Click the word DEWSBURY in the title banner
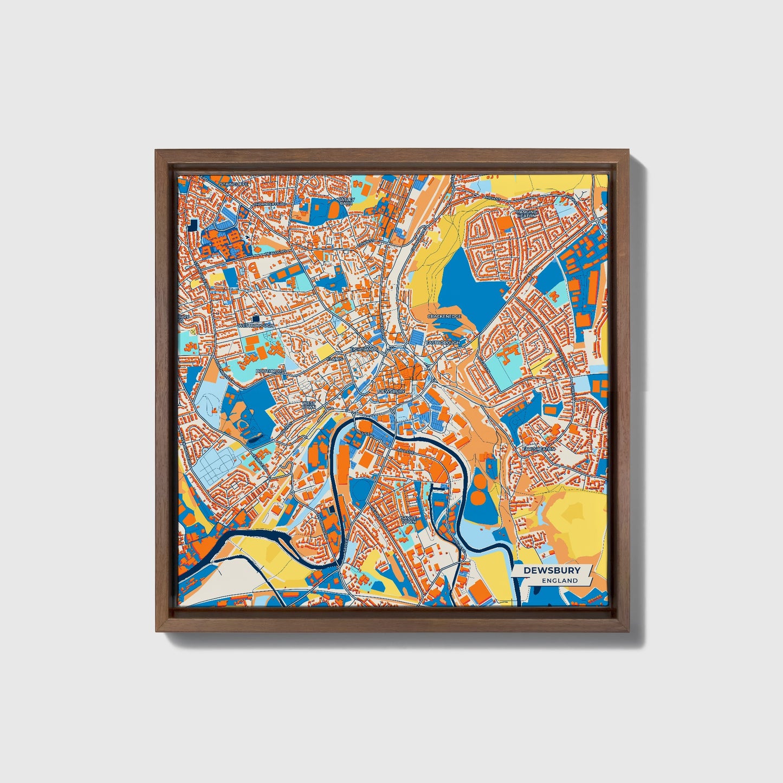(552, 570)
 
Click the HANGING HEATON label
(526, 213)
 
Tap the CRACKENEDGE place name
(444, 316)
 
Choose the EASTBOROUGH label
(443, 343)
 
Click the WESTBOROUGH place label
(256, 326)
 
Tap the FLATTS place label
(335, 359)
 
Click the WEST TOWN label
(308, 405)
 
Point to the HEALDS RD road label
(275, 253)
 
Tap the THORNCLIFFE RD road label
(269, 204)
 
